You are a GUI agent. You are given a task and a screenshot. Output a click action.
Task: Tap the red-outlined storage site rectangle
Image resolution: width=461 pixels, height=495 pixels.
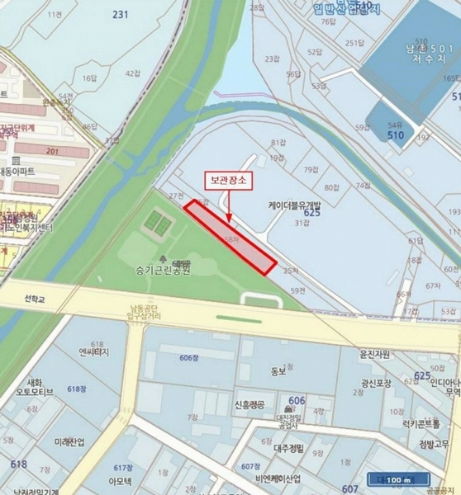(230, 237)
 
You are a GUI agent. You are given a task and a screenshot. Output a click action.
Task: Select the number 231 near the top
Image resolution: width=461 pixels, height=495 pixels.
(121, 14)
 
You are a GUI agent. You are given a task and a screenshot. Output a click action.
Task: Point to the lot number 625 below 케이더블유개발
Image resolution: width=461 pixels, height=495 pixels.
(311, 213)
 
